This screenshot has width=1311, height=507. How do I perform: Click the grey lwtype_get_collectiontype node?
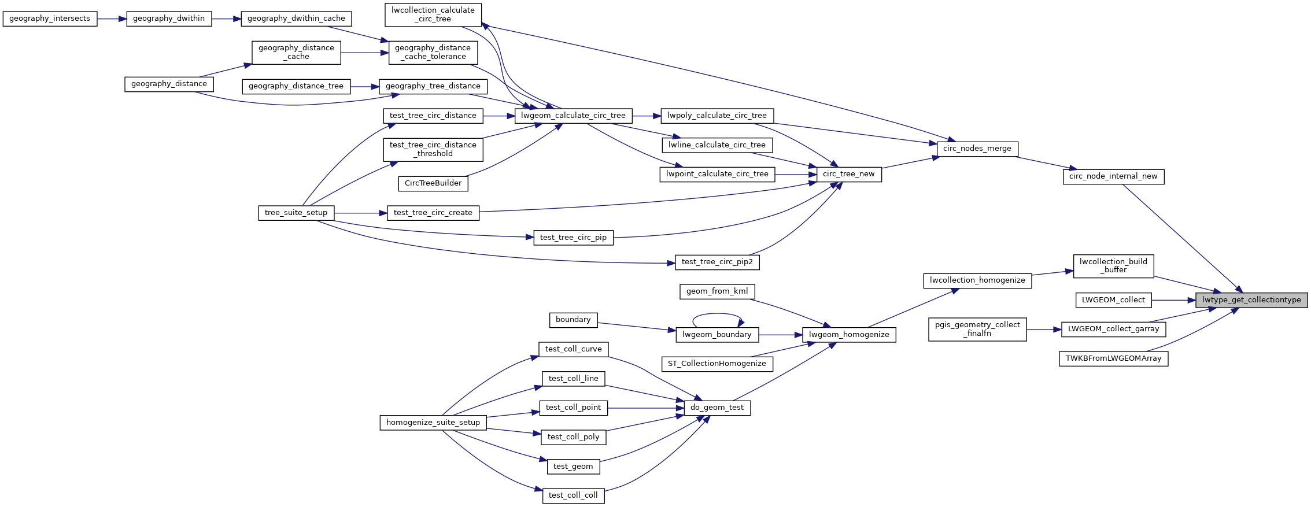(1251, 300)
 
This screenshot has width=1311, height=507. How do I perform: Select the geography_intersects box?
(50, 18)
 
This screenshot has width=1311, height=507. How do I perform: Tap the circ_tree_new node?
(848, 174)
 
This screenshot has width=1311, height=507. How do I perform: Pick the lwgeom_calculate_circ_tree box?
(573, 116)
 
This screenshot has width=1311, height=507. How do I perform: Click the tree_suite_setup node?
(296, 213)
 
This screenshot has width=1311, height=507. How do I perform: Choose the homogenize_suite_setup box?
(433, 423)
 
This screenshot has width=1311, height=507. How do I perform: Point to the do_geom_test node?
(717, 408)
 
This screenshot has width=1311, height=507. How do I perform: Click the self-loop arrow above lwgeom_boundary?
(717, 315)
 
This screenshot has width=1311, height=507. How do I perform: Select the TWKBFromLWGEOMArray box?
(1113, 358)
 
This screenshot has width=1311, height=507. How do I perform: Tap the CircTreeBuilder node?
(433, 183)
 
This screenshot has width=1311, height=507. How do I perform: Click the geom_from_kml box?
(717, 291)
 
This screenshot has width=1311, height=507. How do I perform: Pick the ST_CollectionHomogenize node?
(717, 364)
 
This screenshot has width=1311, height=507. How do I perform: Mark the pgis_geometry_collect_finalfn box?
(977, 329)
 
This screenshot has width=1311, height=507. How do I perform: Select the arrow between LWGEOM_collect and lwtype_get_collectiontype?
(1173, 300)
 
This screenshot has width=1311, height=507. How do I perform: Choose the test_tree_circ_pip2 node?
(717, 262)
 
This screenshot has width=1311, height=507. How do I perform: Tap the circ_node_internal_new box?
(1113, 176)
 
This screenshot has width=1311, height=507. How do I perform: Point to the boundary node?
(573, 320)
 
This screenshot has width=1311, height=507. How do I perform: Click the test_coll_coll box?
(573, 495)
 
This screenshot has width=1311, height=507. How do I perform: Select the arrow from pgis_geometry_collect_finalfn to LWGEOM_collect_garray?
(1044, 330)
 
